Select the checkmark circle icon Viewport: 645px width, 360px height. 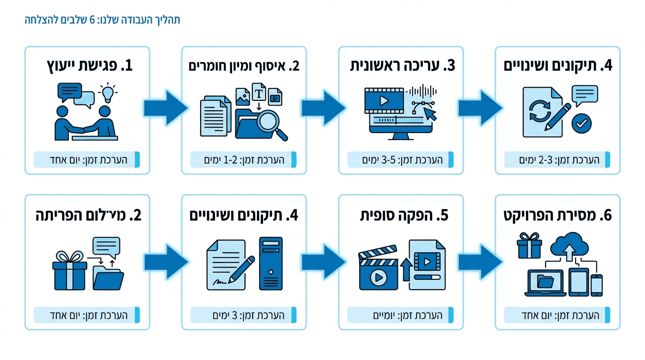[582, 124]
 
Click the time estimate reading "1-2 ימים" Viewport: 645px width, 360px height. [244, 160]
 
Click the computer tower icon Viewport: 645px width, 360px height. [271, 264]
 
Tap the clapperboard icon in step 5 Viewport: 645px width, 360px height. [378, 271]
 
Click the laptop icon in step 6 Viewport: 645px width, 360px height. [545, 283]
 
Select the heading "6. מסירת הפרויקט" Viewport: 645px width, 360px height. [558, 216]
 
